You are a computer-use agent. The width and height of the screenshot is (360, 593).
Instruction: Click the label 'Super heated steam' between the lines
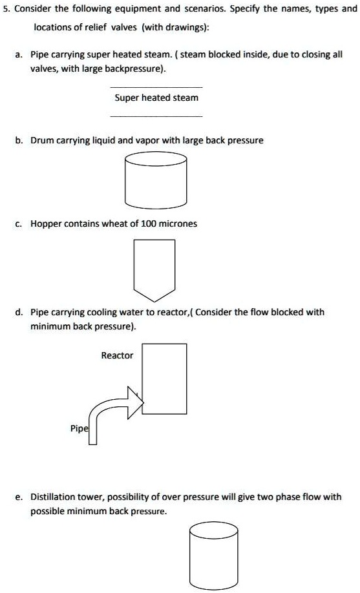pyautogui.click(x=156, y=98)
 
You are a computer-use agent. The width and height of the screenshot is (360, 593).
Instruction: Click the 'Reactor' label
pyautogui.click(x=117, y=355)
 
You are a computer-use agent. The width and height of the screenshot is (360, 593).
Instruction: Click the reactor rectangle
pyautogui.click(x=164, y=379)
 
